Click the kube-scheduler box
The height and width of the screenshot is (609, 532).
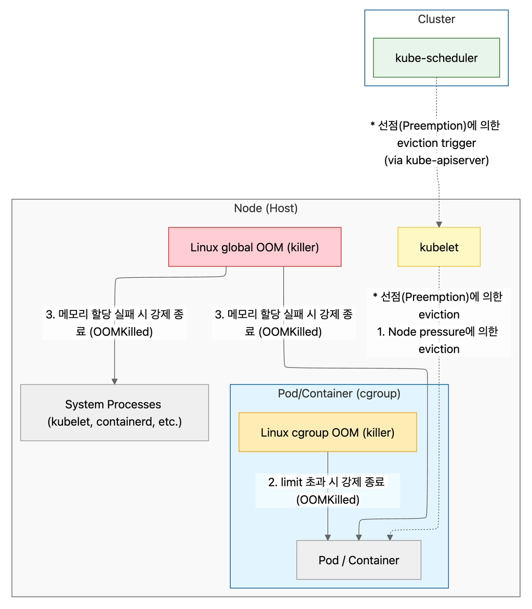coord(436,58)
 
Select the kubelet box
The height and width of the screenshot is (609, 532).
coord(439,247)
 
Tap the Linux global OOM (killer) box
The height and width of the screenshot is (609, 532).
coord(255,247)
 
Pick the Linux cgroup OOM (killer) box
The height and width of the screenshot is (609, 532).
coord(328,432)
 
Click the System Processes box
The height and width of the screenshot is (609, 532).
coord(115,412)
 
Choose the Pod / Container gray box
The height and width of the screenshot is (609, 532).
coord(358,560)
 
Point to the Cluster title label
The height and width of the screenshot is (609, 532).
coord(436,19)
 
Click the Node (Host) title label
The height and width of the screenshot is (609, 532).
coord(266,208)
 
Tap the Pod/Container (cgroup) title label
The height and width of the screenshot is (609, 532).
coord(339,394)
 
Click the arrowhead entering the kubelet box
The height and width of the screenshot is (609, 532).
coord(439,224)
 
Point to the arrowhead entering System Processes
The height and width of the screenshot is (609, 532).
coord(115,382)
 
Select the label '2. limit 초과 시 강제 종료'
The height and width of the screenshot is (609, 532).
coord(326,482)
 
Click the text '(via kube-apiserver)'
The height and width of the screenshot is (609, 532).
coord(436,160)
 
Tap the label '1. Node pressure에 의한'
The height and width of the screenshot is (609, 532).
coord(437,332)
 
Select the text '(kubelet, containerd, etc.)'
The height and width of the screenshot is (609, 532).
coord(115,422)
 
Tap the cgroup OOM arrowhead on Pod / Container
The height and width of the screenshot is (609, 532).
coord(328,537)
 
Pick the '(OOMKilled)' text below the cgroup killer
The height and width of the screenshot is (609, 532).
coord(328,499)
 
